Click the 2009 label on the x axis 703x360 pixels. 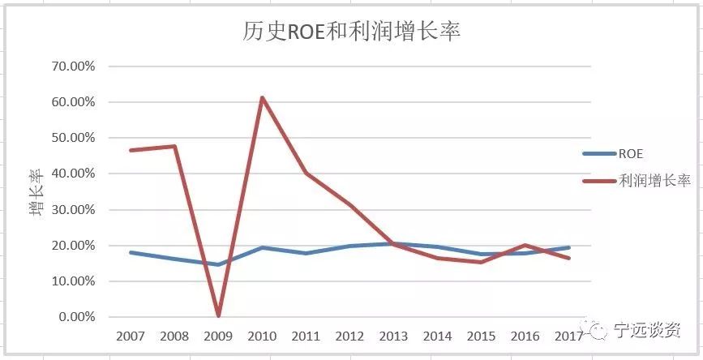tap(218, 336)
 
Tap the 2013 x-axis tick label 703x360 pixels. tap(393, 336)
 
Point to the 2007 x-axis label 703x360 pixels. tap(131, 336)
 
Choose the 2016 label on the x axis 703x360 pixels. tap(525, 336)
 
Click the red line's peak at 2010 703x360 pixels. tap(262, 98)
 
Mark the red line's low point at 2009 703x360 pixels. tap(218, 315)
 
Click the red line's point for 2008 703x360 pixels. tap(174, 146)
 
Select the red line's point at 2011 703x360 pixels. tap(306, 173)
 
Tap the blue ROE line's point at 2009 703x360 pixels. tap(218, 264)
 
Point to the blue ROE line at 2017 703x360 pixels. tap(568, 247)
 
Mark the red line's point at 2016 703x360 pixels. tap(525, 245)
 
